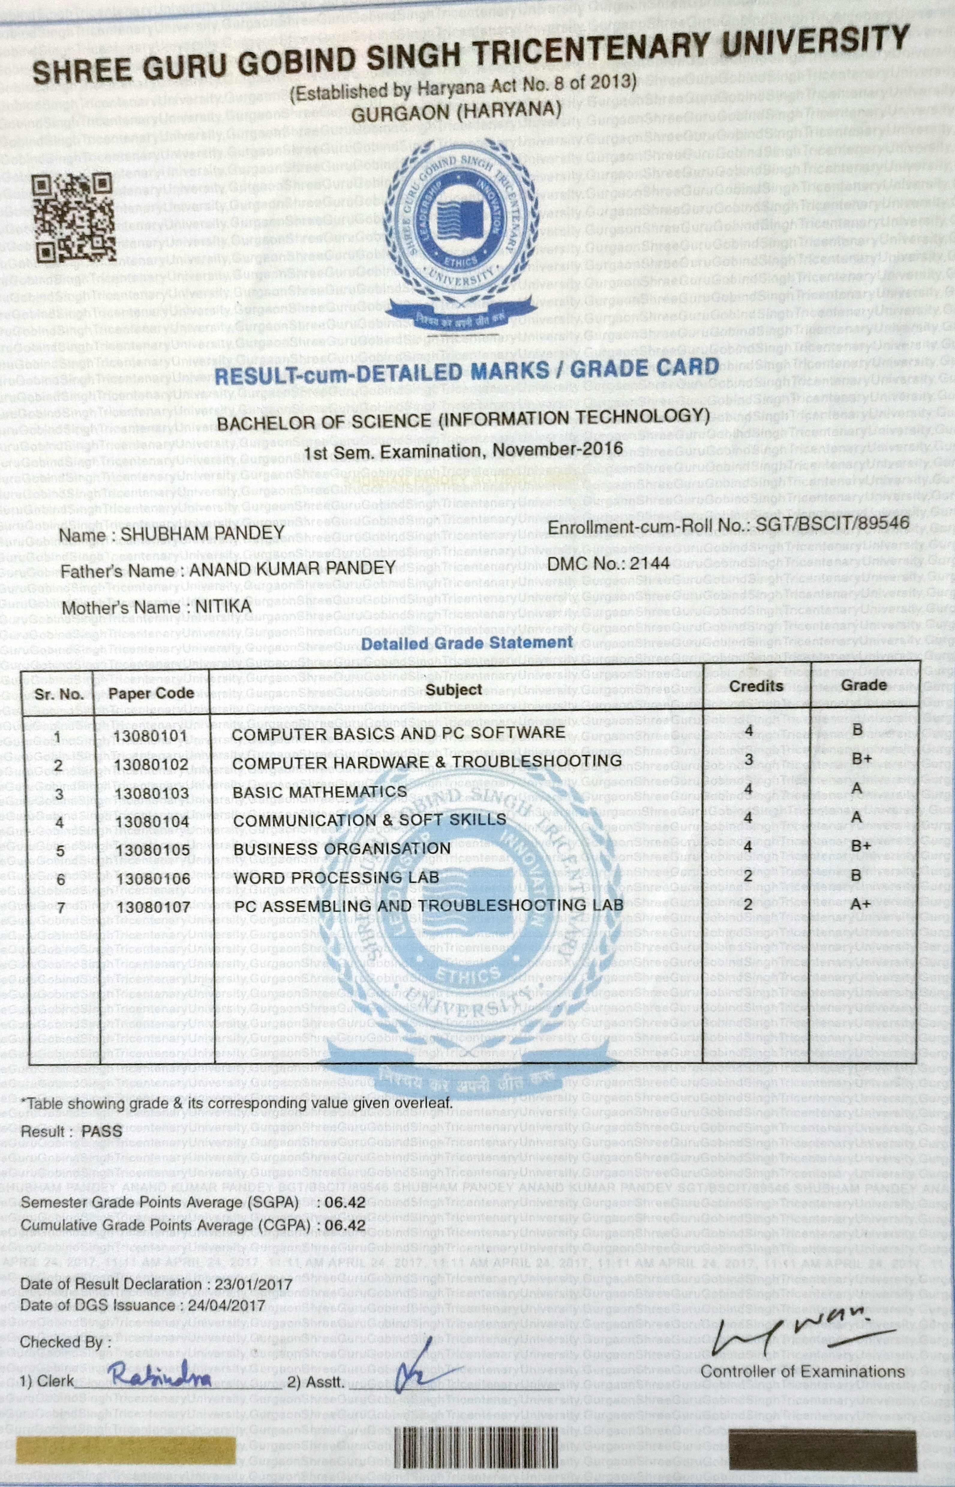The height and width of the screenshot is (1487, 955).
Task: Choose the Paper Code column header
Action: [x=151, y=692]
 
